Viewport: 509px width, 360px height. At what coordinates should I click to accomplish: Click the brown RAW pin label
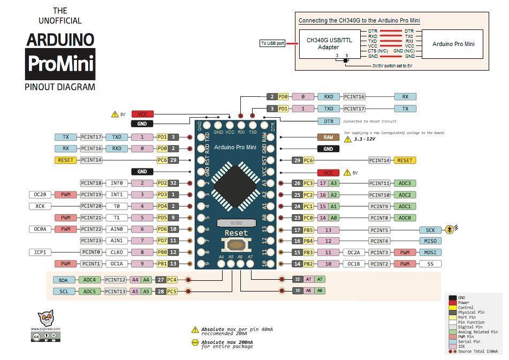[x=328, y=137]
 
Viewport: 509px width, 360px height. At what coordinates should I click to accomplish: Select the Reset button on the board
[x=236, y=245]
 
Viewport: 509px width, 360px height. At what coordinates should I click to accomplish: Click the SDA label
[x=64, y=280]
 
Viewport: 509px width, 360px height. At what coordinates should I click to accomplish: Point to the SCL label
[x=64, y=292]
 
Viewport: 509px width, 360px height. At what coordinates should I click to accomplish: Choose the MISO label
[x=430, y=241]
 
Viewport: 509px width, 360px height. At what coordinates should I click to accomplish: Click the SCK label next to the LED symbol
[x=430, y=230]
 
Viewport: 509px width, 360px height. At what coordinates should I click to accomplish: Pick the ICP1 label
[x=40, y=252]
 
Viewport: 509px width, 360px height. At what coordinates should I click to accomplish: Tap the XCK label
[x=40, y=206]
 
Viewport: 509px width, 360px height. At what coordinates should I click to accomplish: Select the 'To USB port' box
[x=272, y=43]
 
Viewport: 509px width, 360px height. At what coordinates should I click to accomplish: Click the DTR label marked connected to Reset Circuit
[x=329, y=121]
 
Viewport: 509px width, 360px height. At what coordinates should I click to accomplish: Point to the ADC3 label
[x=405, y=183]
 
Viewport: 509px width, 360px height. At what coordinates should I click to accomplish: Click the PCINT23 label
[x=92, y=241]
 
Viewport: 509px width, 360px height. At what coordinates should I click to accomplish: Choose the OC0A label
[x=40, y=229]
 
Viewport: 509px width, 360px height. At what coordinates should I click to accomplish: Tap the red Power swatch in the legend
[x=453, y=303]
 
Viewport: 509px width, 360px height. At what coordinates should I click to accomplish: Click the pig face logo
[x=45, y=319]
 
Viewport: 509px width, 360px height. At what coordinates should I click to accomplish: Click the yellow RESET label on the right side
[x=405, y=160]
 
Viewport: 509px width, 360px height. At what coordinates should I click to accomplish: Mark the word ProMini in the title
[x=60, y=64]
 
